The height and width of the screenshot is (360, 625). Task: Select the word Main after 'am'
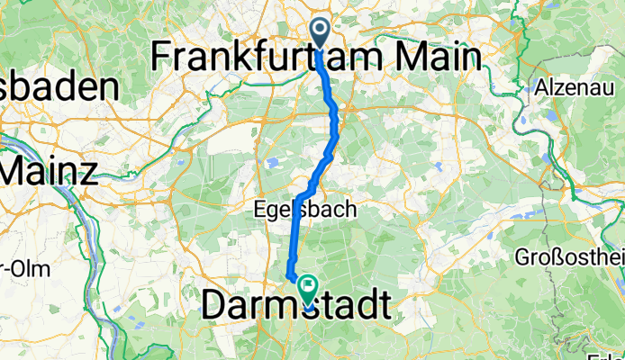[439, 57]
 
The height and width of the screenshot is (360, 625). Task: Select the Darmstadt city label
[298, 304]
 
